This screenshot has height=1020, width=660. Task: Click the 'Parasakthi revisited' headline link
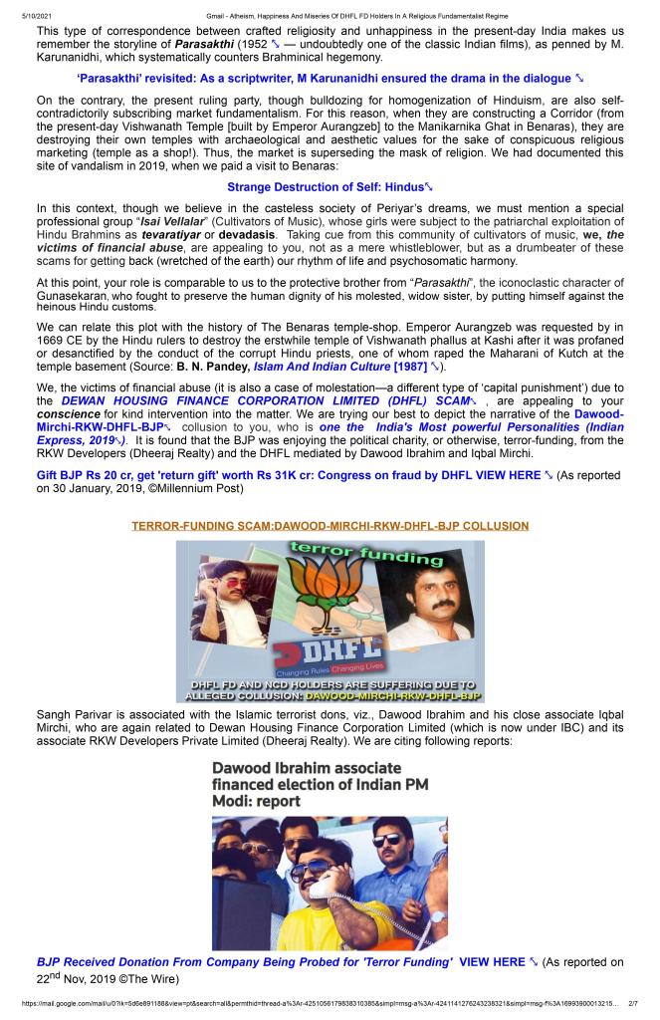(325, 78)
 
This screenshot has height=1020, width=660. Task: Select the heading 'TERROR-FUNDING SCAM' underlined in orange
(330, 525)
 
